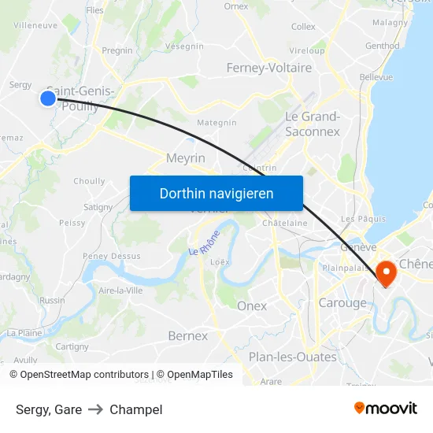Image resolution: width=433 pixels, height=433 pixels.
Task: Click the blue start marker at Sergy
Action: point(48,98)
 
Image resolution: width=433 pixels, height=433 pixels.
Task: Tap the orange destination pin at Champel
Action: point(387,272)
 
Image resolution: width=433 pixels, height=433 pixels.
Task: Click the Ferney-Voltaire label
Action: point(269,68)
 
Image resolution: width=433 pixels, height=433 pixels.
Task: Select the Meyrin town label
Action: point(186,158)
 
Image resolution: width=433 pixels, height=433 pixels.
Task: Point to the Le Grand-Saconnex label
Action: point(313,124)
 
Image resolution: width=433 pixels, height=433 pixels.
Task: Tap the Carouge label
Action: point(342,303)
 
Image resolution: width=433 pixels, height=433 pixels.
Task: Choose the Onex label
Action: point(252,305)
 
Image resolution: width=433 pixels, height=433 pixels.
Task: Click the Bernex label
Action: point(188,336)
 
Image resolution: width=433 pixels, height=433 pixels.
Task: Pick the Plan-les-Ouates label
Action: point(293,357)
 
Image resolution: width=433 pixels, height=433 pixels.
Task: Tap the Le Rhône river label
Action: point(204,241)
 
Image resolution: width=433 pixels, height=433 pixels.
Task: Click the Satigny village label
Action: point(98,207)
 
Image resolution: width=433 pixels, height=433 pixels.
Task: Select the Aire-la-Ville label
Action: point(120,291)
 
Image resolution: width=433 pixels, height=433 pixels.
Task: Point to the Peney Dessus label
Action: point(112,256)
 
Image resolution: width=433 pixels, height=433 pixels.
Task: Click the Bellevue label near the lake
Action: point(376,77)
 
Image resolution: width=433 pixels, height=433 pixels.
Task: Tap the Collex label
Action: point(303,27)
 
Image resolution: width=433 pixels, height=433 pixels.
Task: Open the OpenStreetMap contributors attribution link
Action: point(79,375)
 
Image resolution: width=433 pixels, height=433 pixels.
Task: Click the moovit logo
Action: point(386,408)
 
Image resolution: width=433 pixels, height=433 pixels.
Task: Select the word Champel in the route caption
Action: point(136,409)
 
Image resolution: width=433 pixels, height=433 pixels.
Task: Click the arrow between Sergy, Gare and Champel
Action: point(96,409)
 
